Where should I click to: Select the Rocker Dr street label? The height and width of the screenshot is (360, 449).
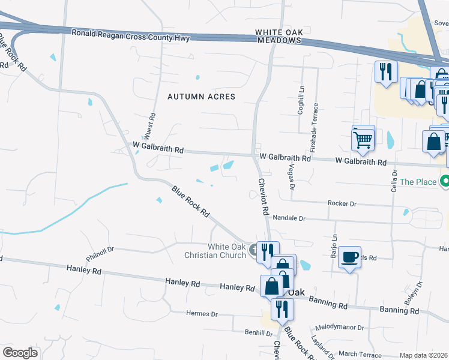(342, 204)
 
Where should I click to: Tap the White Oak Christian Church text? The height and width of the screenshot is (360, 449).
(227, 251)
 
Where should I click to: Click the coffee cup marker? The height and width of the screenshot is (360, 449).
(350, 257)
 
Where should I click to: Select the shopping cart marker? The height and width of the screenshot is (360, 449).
(363, 139)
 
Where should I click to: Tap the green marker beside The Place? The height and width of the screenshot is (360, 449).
(445, 181)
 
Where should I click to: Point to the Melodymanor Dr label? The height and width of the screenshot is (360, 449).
(339, 328)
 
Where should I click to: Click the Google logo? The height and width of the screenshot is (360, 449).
(20, 353)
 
